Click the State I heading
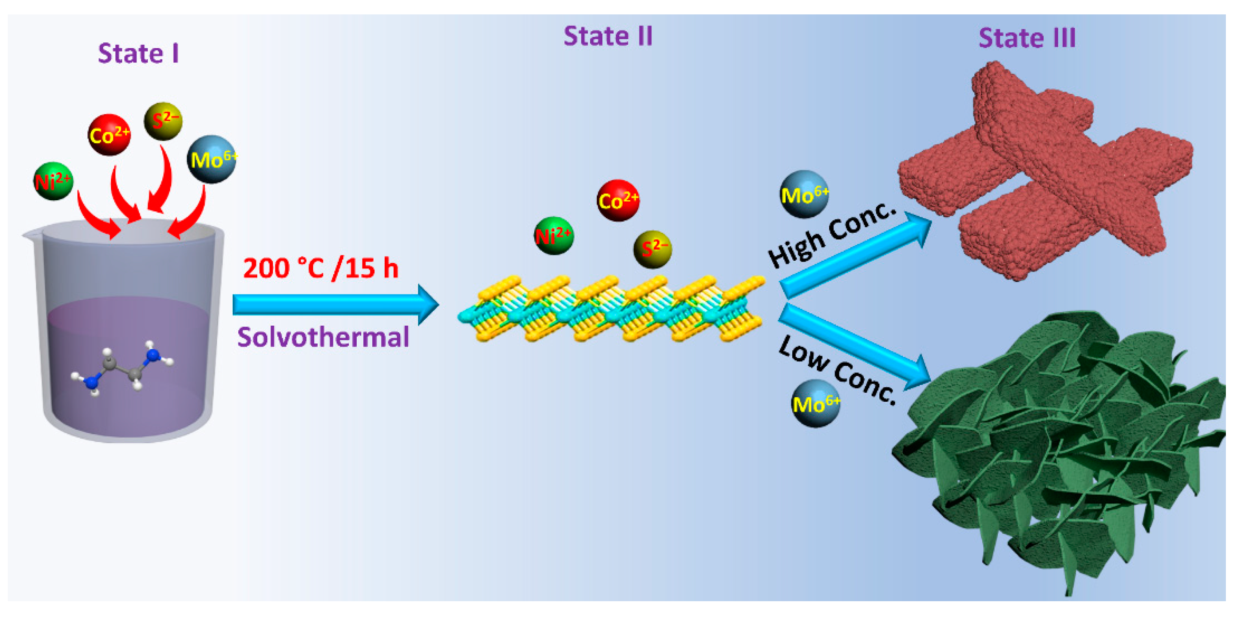[138, 53]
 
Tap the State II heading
[608, 36]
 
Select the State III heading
[1027, 38]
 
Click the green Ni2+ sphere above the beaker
[53, 181]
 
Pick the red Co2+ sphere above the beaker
[109, 135]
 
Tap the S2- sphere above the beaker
[164, 121]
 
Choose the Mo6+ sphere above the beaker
[211, 159]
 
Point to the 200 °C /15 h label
[320, 268]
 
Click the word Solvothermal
[323, 337]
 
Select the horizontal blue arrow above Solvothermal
[334, 304]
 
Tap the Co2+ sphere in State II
[618, 200]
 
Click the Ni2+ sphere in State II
[554, 236]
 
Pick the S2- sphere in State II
[653, 249]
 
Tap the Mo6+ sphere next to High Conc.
[804, 195]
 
